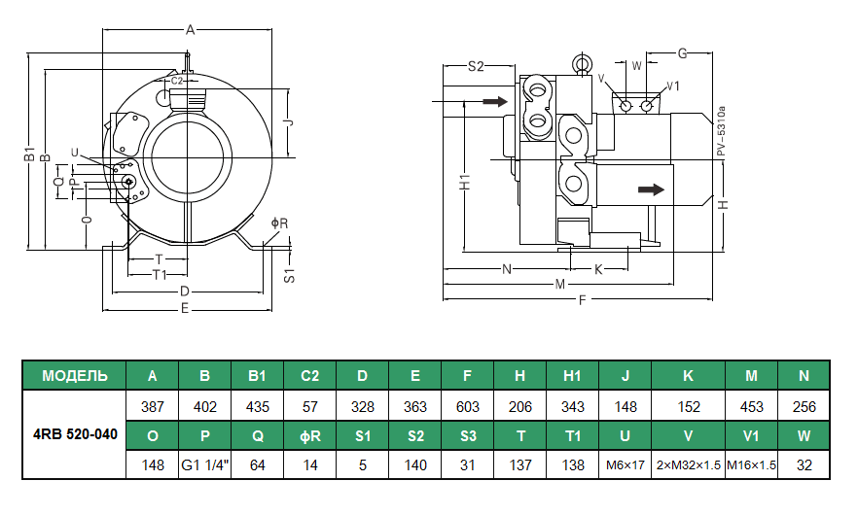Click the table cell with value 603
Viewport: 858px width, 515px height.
pos(467,406)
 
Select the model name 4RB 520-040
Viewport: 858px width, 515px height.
pos(74,434)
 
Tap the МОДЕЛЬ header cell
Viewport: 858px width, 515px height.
pos(74,376)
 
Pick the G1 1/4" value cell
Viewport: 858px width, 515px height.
pos(204,464)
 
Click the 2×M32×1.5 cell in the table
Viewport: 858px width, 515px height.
pos(688,464)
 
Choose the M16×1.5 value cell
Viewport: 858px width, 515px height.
pos(751,464)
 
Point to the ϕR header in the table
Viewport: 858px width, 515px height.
pos(310,435)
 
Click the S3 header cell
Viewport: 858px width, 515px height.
pos(467,435)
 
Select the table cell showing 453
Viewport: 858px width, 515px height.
pos(751,406)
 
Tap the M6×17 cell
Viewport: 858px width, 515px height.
pos(625,464)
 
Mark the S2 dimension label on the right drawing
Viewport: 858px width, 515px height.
pos(476,66)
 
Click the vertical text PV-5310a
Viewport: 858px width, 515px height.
pos(721,131)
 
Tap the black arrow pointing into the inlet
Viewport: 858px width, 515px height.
pos(494,101)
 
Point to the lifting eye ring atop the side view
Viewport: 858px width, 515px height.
pos(583,65)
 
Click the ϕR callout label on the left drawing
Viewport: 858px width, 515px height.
pos(279,223)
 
